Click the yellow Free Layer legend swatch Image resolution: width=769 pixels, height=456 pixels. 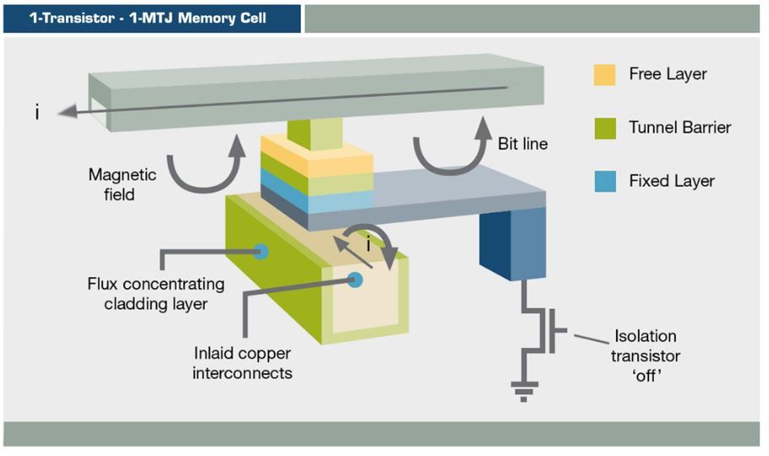click(x=604, y=75)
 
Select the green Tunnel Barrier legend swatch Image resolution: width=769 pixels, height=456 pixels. click(x=605, y=128)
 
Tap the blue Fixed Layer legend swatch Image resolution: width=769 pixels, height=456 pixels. click(x=605, y=182)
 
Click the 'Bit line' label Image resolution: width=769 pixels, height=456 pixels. click(x=523, y=144)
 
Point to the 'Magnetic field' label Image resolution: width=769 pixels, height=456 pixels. click(x=123, y=184)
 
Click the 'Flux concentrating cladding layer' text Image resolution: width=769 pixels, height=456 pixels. click(x=156, y=294)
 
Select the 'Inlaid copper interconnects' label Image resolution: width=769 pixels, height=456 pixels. click(x=243, y=363)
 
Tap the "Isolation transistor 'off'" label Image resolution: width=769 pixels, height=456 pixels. click(x=646, y=356)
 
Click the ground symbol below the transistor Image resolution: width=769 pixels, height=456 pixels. click(x=524, y=391)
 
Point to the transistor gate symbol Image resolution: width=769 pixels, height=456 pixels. click(x=554, y=330)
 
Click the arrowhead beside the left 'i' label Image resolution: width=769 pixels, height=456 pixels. click(x=68, y=111)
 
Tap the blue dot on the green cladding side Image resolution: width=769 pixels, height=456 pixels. click(x=261, y=252)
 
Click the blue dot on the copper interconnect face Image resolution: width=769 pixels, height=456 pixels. click(x=355, y=280)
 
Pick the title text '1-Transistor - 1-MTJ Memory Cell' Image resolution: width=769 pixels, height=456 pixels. click(x=148, y=18)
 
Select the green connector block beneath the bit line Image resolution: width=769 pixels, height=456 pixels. click(x=315, y=133)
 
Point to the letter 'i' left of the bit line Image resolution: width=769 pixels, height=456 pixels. click(x=37, y=113)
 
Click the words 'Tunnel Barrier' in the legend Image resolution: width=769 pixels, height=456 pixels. click(x=679, y=128)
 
